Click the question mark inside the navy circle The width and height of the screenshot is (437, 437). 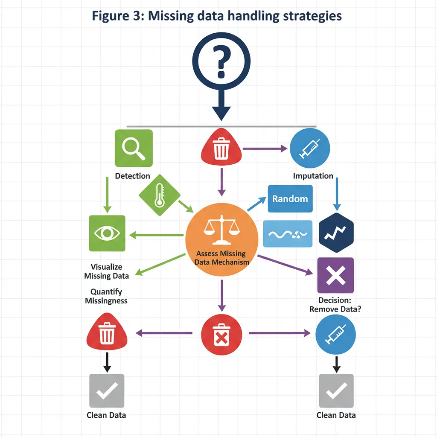coord(221,62)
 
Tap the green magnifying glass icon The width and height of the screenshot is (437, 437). coord(134,148)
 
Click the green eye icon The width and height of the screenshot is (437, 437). coord(107,233)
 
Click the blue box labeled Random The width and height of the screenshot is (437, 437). coord(290,199)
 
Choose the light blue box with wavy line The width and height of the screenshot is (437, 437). coord(288,233)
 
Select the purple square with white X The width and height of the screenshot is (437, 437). coord(335,275)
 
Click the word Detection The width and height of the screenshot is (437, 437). coord(132,176)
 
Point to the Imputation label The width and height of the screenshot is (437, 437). coord(313,176)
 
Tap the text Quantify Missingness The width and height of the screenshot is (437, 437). coord(106,296)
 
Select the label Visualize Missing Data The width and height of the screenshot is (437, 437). coord(106,271)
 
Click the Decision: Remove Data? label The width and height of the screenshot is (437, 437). coord(335,305)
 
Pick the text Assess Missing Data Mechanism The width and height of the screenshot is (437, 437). coord(221,258)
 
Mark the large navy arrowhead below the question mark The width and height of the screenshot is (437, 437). coord(221,113)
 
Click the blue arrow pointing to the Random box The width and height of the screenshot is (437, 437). coord(256,204)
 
